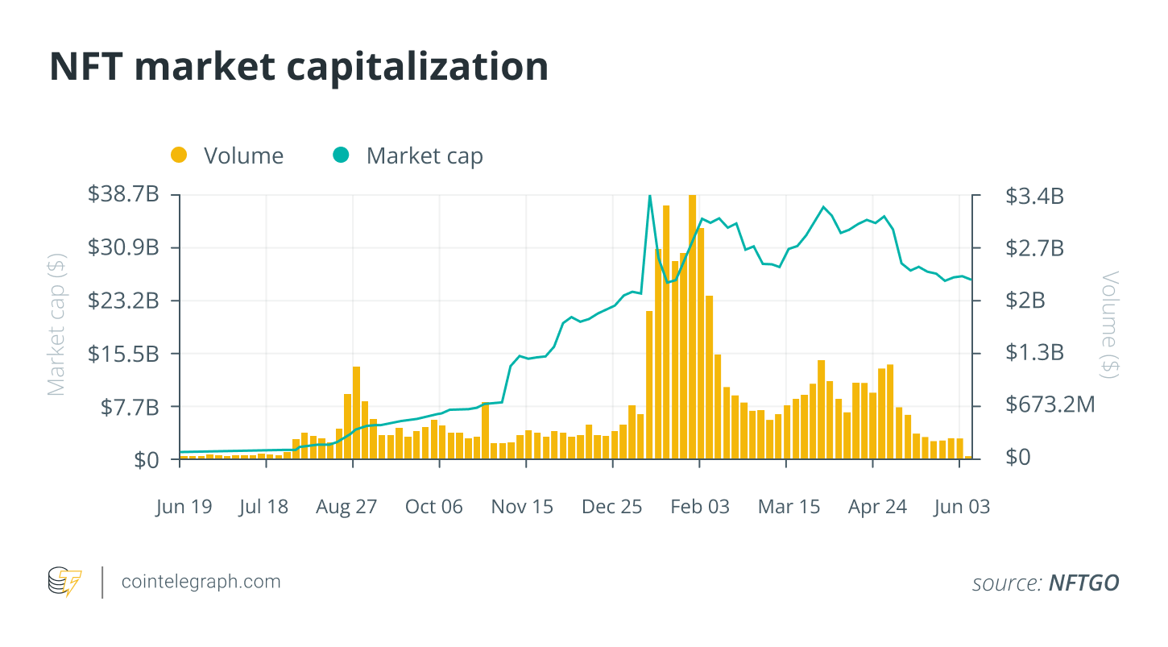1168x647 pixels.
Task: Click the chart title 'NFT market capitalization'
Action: coord(299,67)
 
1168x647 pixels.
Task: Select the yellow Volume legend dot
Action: coord(179,155)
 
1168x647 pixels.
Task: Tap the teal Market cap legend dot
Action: coord(342,155)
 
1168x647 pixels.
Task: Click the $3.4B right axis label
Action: coord(1034,195)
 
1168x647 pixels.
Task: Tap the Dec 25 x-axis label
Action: coord(612,507)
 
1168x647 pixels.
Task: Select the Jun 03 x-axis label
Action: coord(961,507)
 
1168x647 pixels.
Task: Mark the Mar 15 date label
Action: coord(789,507)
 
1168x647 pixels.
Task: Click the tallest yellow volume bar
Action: coord(692,322)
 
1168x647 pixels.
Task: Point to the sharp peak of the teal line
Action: coord(649,196)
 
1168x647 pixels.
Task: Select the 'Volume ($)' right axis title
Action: coord(1111,325)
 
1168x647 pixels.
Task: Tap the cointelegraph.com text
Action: coord(201,581)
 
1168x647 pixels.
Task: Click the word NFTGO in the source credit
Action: coord(1083,583)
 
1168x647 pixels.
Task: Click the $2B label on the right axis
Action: coord(1025,301)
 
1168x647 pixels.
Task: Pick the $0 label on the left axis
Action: coord(145,459)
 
